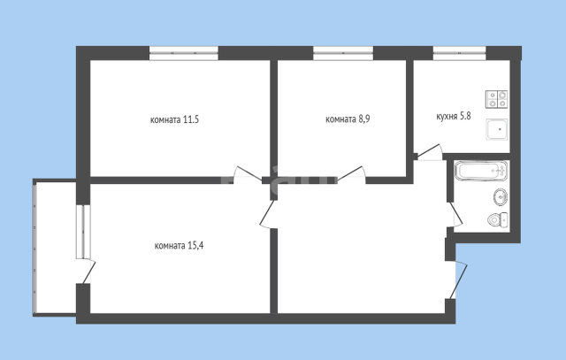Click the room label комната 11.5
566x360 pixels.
[174, 119]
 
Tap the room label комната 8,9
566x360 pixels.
[348, 119]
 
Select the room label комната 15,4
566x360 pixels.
[179, 246]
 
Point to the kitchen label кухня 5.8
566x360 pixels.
[454, 117]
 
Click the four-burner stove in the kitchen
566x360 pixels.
[497, 99]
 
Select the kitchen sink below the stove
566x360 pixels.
[497, 129]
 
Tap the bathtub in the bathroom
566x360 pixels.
[481, 171]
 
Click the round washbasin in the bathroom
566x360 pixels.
[501, 196]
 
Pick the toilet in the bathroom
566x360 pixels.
[497, 219]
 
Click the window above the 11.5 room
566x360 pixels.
[184, 53]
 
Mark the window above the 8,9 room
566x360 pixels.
[343, 53]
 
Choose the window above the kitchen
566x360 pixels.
[460, 53]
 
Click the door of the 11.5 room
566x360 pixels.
[248, 174]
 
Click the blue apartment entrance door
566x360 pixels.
[459, 280]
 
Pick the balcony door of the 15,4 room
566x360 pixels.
[88, 272]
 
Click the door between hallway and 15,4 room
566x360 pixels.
[268, 214]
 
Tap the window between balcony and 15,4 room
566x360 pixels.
[83, 232]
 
